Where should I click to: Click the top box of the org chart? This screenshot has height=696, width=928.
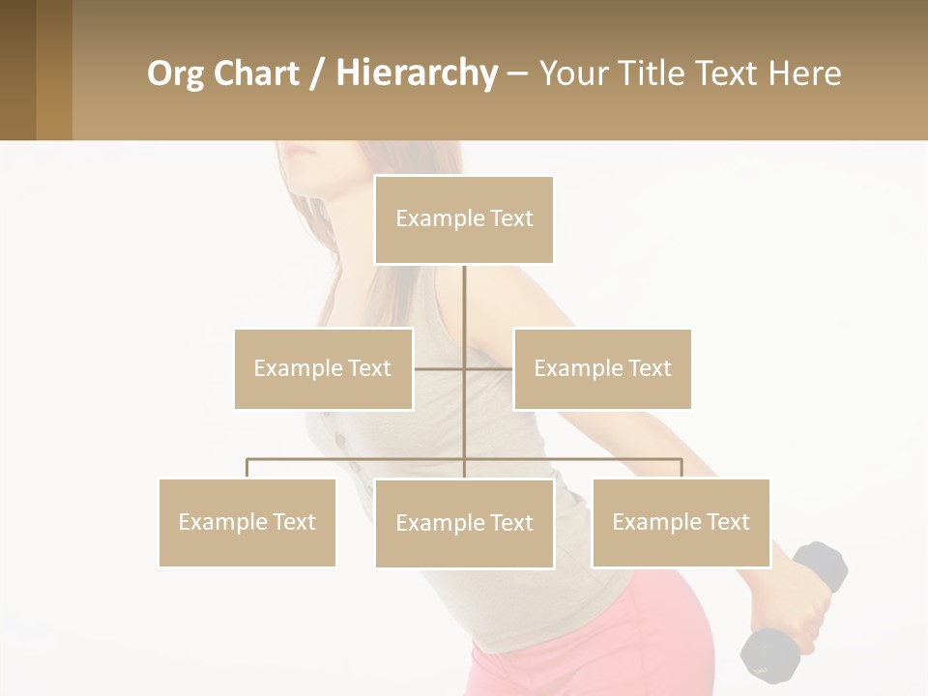coord(464,219)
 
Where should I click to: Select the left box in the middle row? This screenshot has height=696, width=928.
coord(323,368)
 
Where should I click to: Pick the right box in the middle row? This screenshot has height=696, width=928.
coord(602,368)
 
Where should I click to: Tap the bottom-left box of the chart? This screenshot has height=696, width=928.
coord(247,522)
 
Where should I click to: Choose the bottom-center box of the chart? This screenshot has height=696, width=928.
coord(464,523)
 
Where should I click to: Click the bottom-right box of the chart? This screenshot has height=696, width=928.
coord(681,522)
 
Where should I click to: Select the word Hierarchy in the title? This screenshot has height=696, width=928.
coord(416,73)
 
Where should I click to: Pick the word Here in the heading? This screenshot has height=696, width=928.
coord(804,73)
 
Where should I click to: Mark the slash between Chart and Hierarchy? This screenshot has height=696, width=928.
coord(317,74)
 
